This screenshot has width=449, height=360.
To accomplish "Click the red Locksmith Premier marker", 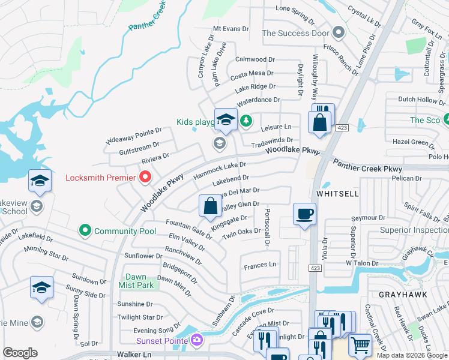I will click(x=145, y=178).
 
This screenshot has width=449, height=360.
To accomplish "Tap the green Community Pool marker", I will click(x=85, y=230).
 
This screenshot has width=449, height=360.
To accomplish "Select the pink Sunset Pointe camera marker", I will click(x=197, y=341).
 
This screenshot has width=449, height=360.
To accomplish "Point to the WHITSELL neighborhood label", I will click(x=337, y=194).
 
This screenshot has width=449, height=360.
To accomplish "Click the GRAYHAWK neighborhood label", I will click(x=399, y=295).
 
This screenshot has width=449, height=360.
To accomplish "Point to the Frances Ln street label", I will click(x=259, y=265).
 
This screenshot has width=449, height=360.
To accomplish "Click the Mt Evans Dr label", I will click(x=231, y=29).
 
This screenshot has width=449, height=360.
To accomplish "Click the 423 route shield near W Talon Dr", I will click(x=314, y=268).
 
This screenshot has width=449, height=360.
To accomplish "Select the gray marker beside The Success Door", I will click(x=339, y=33).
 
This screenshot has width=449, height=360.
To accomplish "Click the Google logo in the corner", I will click(x=20, y=353).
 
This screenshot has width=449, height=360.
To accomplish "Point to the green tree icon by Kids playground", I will click(x=246, y=121).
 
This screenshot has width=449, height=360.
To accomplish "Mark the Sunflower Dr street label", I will click(x=143, y=256).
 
